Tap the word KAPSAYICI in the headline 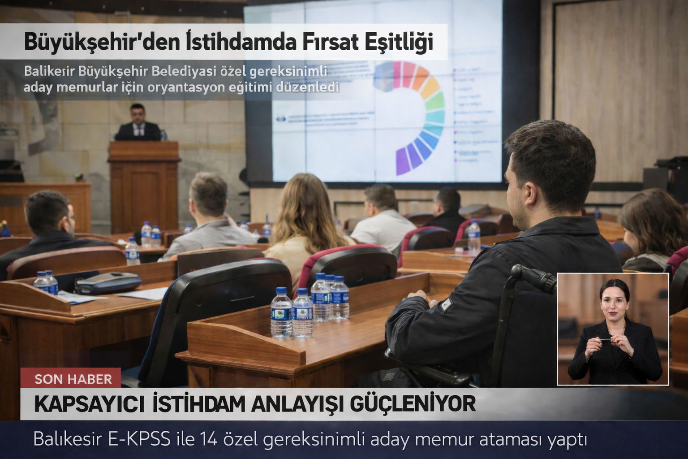89,404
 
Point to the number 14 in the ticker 208,439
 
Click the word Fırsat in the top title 330,42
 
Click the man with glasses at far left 49,224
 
